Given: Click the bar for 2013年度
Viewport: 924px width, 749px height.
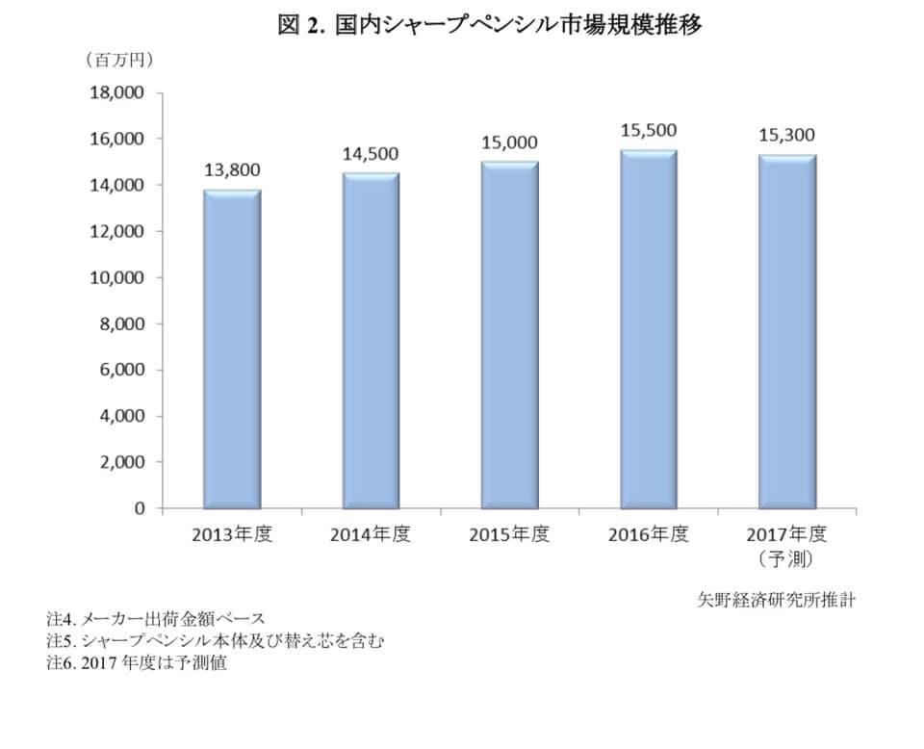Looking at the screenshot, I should coord(232,349).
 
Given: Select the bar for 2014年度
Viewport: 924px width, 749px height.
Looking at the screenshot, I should coord(371,340).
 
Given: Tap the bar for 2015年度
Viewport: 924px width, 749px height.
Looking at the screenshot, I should coord(509,334).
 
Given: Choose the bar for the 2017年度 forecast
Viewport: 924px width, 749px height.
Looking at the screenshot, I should coord(787,331).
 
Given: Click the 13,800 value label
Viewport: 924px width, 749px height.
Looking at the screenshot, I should coord(232,170).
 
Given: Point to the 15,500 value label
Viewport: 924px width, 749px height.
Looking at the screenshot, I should coord(649,130).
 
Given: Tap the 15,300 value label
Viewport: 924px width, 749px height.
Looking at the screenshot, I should coord(787,135).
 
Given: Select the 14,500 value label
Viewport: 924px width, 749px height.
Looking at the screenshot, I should coord(371,154).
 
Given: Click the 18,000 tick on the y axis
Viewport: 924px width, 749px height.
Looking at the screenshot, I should coord(116,93).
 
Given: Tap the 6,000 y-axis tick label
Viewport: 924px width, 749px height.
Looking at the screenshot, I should coord(120,371).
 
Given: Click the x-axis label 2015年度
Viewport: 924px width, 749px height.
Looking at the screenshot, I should coord(509,534).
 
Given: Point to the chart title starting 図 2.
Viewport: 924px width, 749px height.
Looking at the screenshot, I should coord(490,26).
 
